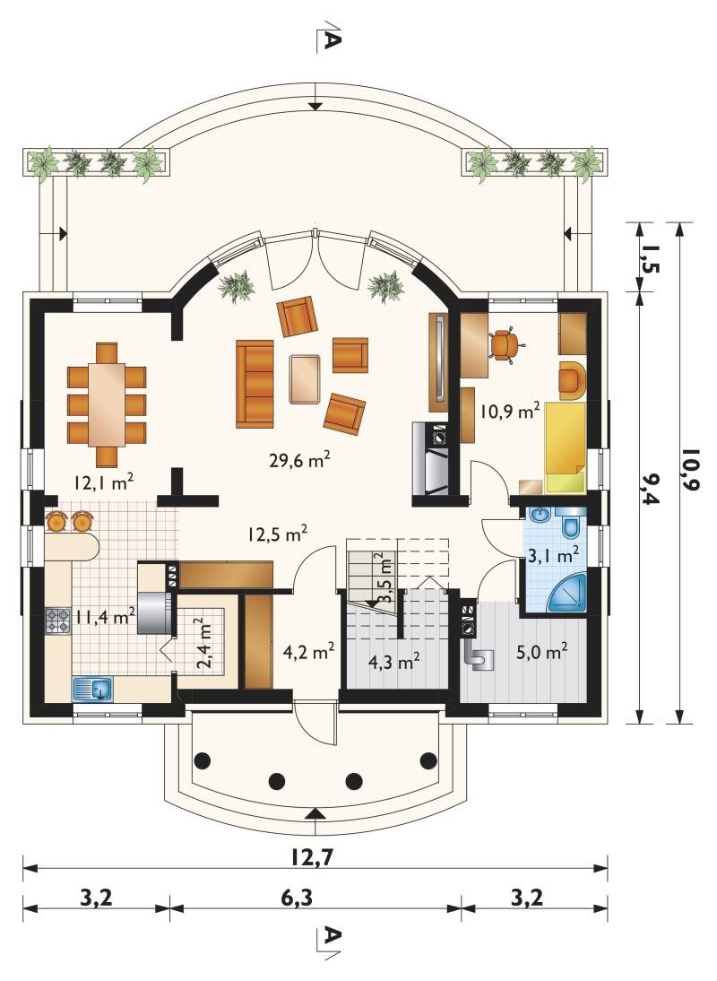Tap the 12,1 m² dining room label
coord(104,482)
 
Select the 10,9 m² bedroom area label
coord(510,411)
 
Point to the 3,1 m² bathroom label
coord(553,554)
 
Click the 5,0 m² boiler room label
coord(542,653)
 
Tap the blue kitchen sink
coord(92,689)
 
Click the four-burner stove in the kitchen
coord(58,621)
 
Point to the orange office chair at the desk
coord(505,343)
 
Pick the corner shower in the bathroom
coord(568,593)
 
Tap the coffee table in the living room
coord(305,378)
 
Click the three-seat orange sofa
coord(255,384)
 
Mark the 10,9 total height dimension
coord(689,468)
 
